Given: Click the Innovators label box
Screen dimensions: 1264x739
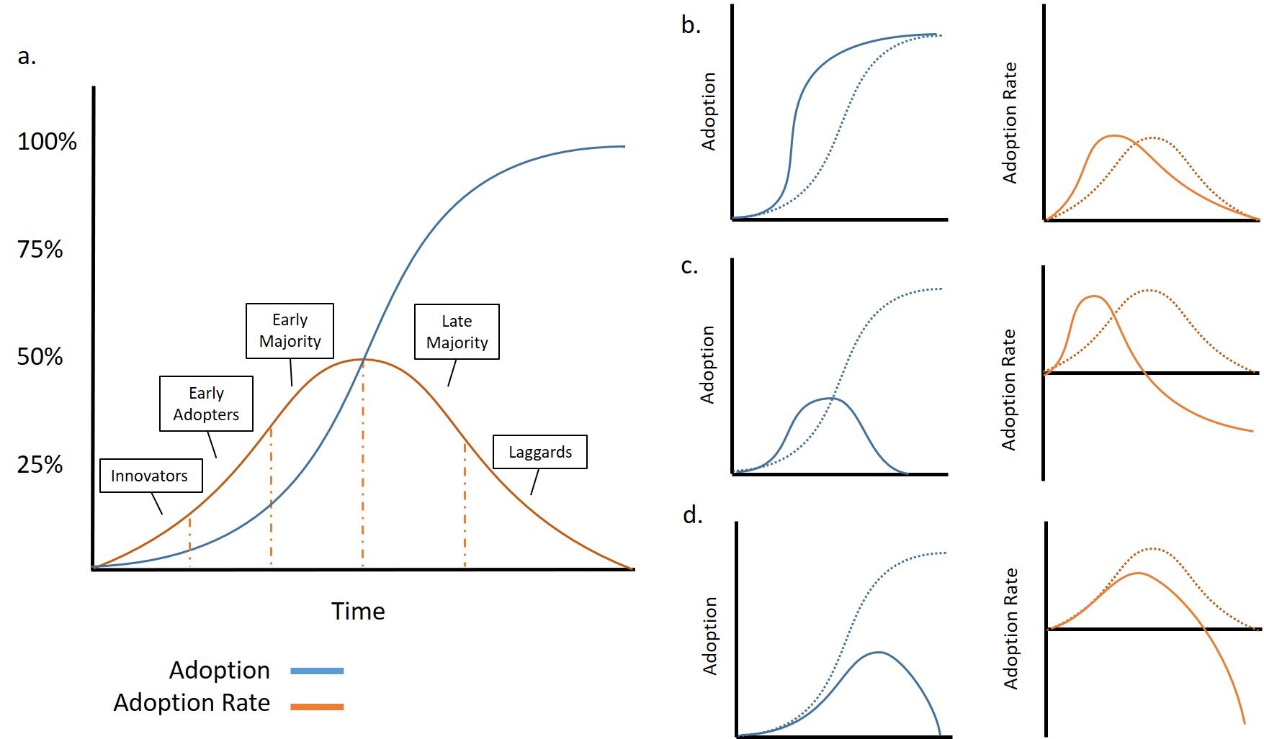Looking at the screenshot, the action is coord(151,476).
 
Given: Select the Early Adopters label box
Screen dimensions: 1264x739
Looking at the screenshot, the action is coord(206,404).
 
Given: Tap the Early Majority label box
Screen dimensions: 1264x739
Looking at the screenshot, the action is coord(290,331).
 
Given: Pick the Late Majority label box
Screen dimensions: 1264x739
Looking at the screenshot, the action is coord(457,332).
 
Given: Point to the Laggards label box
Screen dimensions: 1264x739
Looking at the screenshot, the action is coord(540,452).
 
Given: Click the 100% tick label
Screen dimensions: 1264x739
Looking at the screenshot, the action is coord(47,141).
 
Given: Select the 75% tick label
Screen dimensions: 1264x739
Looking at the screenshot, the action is coord(40,250).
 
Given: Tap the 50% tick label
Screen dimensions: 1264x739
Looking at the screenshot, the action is coord(40,357).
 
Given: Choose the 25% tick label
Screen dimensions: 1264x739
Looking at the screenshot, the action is coord(40,465).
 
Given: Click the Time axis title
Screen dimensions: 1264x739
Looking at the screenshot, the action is coord(358,612).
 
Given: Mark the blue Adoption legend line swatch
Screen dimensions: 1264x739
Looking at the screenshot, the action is coord(317,671).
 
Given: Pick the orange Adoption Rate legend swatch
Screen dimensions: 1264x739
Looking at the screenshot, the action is coord(317,707).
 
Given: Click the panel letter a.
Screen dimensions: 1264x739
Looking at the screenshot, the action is coord(27,56).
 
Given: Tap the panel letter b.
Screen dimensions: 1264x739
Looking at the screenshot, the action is coord(691,25).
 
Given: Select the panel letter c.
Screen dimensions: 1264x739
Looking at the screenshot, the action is coord(689,266).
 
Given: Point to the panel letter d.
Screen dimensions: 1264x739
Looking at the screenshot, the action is coord(692,515).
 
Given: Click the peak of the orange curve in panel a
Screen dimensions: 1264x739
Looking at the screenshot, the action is coord(362,359).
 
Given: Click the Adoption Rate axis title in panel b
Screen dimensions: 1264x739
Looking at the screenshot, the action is coord(1010,122).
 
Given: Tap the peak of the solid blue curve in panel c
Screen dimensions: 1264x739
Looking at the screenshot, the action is coord(833,398).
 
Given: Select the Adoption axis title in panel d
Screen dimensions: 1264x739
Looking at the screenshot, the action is coord(710,635).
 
